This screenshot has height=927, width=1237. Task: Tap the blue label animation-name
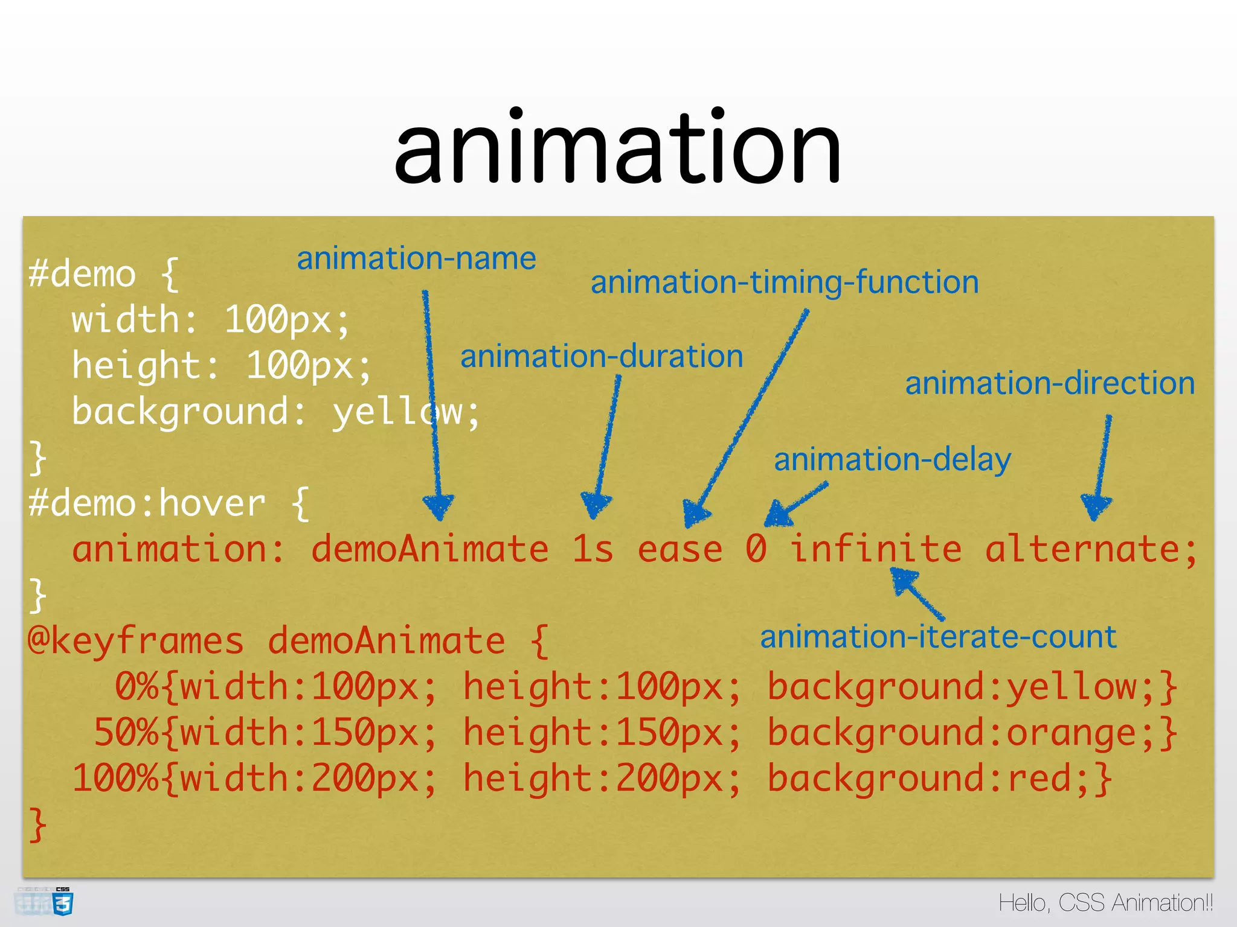(416, 259)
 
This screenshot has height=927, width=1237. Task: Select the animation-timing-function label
(785, 282)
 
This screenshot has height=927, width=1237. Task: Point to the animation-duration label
(602, 356)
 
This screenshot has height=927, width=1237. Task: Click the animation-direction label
(1050, 383)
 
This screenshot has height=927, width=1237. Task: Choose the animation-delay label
(892, 460)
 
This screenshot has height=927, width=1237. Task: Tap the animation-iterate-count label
(938, 637)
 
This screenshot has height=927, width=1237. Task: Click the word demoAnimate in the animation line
(429, 549)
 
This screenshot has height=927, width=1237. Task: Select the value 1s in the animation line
(593, 549)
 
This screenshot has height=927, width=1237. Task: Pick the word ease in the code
(680, 549)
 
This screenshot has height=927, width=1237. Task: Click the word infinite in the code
(875, 549)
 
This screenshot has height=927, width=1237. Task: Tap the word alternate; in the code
(1091, 549)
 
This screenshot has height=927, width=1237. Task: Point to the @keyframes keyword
(136, 641)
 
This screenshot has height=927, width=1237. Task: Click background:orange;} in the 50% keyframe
(972, 733)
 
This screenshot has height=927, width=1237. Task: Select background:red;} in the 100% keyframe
(939, 779)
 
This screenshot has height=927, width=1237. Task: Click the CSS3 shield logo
(63, 903)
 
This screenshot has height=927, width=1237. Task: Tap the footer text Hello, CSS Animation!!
(1105, 903)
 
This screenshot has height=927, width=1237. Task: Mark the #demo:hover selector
(147, 503)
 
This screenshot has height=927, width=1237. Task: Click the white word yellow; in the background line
(406, 412)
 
